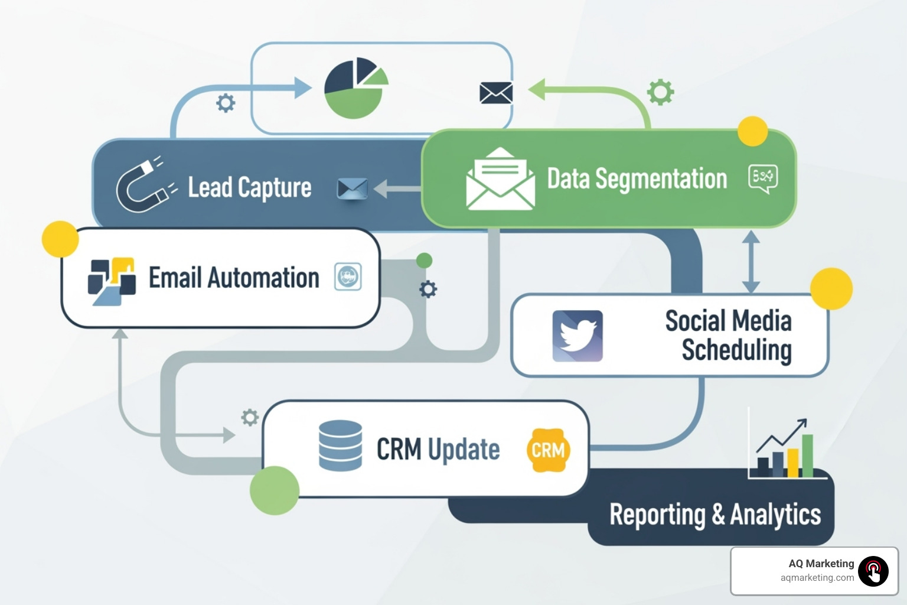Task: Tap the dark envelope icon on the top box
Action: pos(496,93)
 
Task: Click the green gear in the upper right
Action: pos(660,92)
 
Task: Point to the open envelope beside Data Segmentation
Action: pos(500,179)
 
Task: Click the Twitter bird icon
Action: pos(578,336)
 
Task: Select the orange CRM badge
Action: pos(548,450)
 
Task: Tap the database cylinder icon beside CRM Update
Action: pos(340,445)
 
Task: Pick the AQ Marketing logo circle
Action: pos(873,571)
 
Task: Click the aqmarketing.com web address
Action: pos(817,578)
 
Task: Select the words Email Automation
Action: pos(234,278)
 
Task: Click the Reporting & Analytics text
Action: pos(715,514)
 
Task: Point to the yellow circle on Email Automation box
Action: pos(60,239)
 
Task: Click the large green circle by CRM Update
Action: pos(275,490)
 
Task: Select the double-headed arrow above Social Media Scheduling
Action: pos(751,261)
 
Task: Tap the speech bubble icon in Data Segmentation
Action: pos(763,178)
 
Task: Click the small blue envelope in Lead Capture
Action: pos(352,188)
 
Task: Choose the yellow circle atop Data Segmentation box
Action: pos(753,131)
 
